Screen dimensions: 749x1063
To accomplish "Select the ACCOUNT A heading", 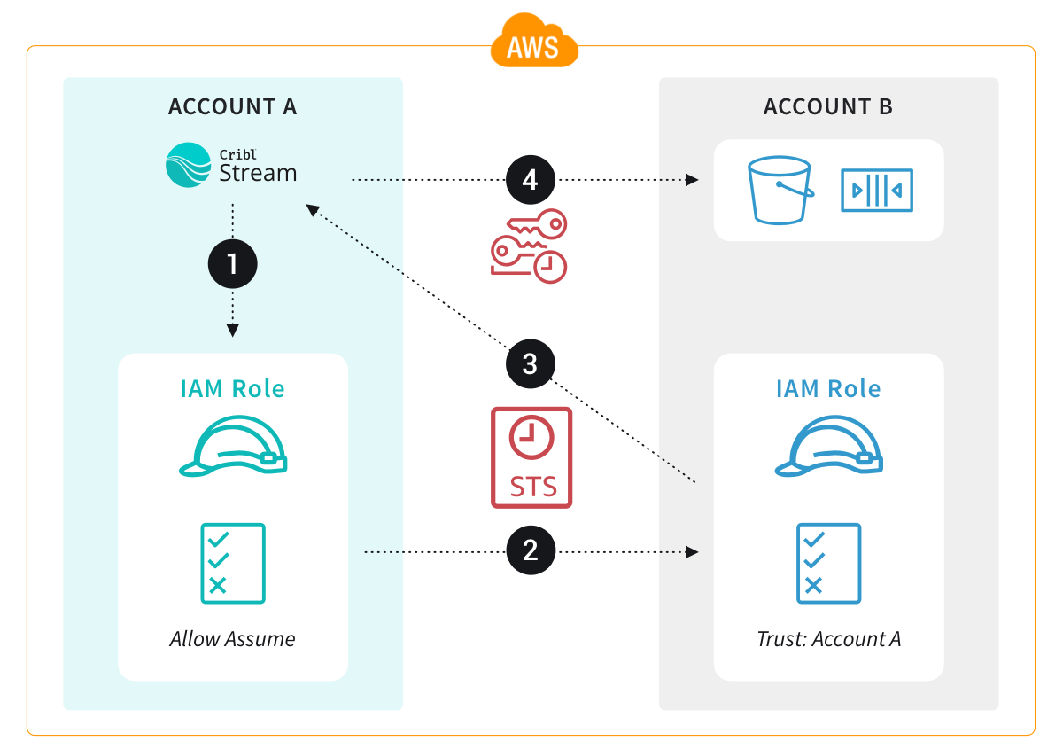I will pyautogui.click(x=232, y=107).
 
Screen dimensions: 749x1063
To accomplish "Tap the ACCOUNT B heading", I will pyautogui.click(x=828, y=107).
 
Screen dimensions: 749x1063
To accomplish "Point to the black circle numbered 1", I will pyautogui.click(x=232, y=264).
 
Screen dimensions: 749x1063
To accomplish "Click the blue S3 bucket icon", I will pyautogui.click(x=780, y=190).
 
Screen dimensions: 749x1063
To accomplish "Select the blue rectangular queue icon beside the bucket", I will pyautogui.click(x=876, y=190).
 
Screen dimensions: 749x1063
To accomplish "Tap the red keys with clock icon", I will pyautogui.click(x=529, y=246).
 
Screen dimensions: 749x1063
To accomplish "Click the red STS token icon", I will pyautogui.click(x=531, y=457).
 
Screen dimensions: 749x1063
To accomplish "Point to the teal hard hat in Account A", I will pyautogui.click(x=232, y=447).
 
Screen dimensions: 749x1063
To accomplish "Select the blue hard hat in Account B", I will pyautogui.click(x=828, y=447).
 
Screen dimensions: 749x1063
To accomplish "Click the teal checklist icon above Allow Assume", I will pyautogui.click(x=232, y=563).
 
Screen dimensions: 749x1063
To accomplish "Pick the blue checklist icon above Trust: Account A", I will pyautogui.click(x=828, y=563).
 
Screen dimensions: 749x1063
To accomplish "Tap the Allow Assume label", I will pyautogui.click(x=232, y=638).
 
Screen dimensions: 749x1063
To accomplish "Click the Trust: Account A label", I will pyautogui.click(x=828, y=638).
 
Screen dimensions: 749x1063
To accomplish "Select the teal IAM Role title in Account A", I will pyautogui.click(x=232, y=388).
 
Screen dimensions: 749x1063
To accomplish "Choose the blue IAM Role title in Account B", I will pyautogui.click(x=828, y=388).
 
